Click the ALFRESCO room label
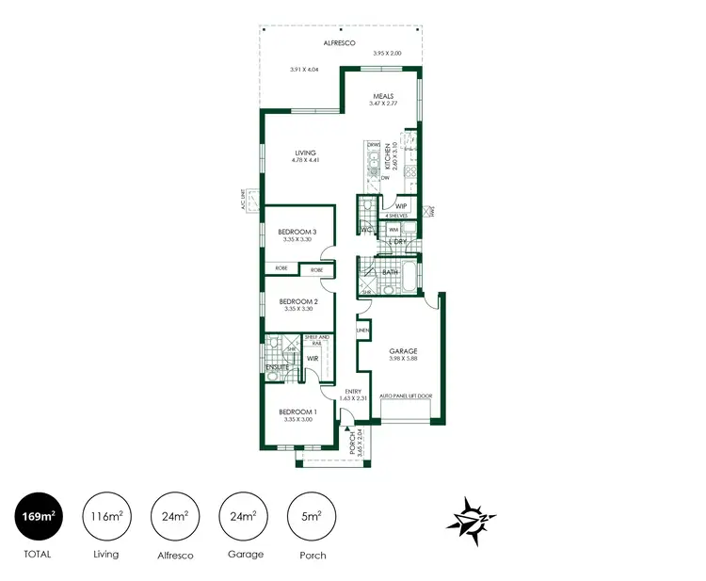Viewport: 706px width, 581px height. coord(338,42)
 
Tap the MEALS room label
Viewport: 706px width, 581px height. coord(382,95)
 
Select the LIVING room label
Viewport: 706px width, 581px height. coord(305,153)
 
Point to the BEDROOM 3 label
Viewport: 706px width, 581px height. coord(297,232)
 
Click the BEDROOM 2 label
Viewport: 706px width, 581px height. coord(297,301)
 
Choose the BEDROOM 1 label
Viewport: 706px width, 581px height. coord(297,412)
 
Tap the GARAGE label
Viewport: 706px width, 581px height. coord(403,351)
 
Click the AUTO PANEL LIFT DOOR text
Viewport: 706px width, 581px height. coord(405,397)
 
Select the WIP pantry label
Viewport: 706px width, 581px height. coord(400,205)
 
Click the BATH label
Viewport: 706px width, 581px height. coord(390,272)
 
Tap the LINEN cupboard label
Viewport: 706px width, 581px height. coord(361,331)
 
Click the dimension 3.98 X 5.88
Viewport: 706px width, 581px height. coord(403,359)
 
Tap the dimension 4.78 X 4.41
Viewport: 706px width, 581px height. coord(305,160)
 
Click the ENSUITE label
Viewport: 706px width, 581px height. coord(277,366)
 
